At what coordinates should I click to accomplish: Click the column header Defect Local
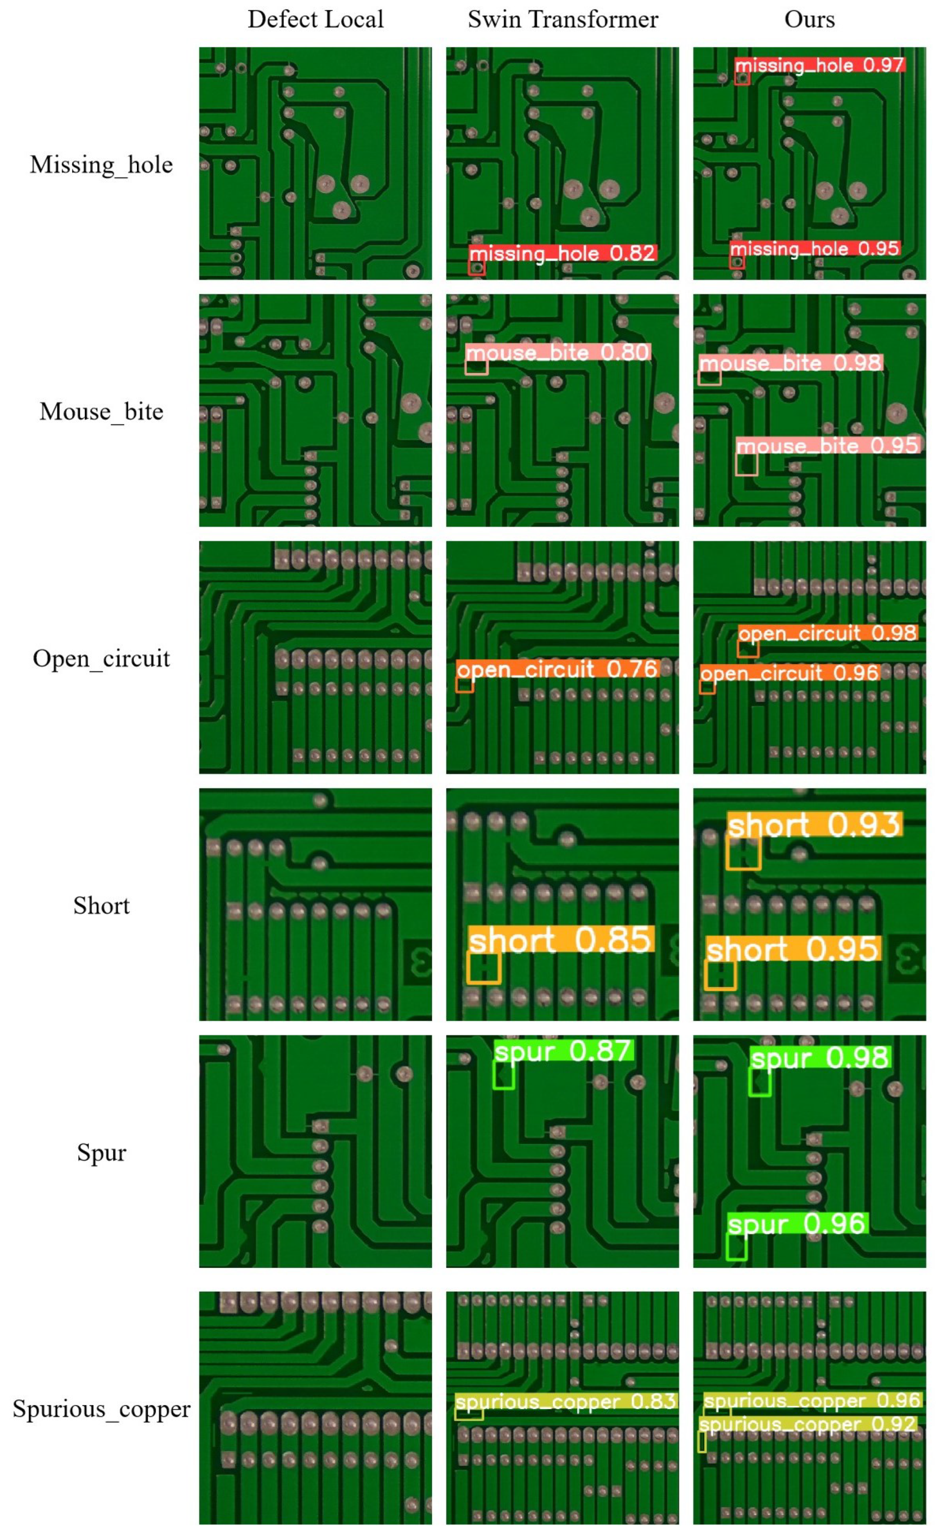click(x=315, y=20)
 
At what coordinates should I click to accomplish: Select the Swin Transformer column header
click(x=563, y=20)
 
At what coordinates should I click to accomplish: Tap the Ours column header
click(x=809, y=20)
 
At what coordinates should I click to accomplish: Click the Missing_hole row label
click(x=101, y=165)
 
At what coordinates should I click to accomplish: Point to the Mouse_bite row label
click(x=101, y=412)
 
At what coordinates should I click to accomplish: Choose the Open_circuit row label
click(x=101, y=658)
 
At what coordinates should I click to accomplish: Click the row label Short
click(x=101, y=905)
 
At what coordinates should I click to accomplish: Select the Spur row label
click(x=101, y=1152)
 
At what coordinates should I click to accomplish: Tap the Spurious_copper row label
click(x=101, y=1409)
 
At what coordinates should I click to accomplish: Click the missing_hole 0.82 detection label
click(x=563, y=253)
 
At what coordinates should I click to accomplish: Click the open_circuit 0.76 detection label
click(x=558, y=669)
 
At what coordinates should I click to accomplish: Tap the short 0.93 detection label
click(x=814, y=825)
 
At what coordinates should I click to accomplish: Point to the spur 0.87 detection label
click(x=563, y=1051)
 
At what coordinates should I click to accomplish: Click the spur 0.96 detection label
click(x=797, y=1224)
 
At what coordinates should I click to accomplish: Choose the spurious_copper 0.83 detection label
click(x=565, y=1402)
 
